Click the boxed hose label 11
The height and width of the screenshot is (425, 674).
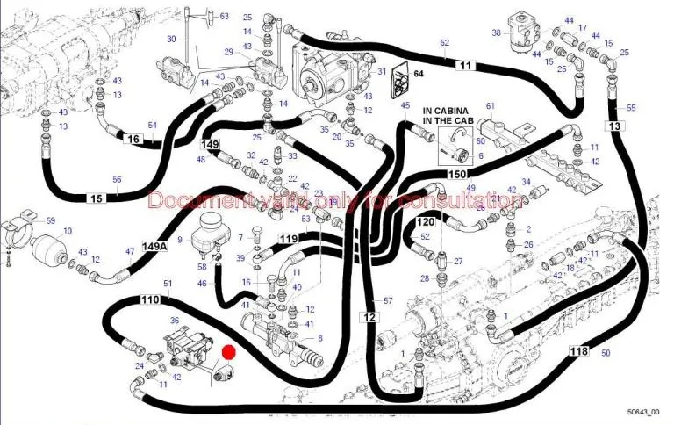465,66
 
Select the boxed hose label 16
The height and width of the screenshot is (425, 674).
133,139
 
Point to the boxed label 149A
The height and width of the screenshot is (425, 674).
155,247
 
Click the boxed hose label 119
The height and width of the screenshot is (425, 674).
289,238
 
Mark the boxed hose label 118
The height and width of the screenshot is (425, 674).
578,351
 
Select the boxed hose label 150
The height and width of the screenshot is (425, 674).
457,175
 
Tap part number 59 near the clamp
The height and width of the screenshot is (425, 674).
51,220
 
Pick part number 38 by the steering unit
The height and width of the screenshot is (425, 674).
496,33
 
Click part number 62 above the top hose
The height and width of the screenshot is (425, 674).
444,43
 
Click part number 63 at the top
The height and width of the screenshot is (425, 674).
224,17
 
